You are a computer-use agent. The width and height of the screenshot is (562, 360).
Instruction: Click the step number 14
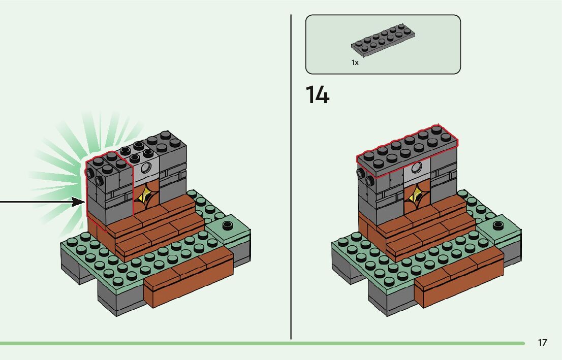click(317, 95)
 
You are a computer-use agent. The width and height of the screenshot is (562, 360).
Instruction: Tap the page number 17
click(542, 343)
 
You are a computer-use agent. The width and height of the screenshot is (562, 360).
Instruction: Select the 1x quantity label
click(355, 62)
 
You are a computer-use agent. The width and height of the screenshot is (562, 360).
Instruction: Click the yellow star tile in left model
click(146, 195)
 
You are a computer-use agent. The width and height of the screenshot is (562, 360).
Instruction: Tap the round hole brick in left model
click(147, 169)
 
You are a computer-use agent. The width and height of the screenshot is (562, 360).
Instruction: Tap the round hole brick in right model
click(418, 169)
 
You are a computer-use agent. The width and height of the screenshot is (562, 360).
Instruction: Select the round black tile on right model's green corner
click(497, 224)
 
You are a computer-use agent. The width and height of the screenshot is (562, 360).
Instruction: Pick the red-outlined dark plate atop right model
click(407, 150)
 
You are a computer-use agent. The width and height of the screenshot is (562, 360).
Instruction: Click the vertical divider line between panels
click(291, 178)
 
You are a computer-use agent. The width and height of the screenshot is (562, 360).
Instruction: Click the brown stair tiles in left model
click(155, 228)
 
